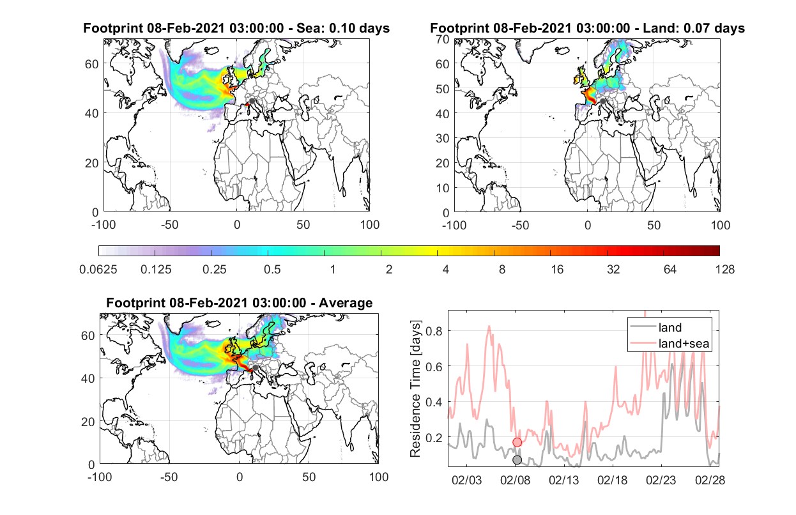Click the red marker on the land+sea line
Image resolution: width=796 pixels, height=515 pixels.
point(517,442)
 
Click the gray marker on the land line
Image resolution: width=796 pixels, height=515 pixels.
point(517,460)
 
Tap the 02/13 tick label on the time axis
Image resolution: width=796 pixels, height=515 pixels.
point(563,480)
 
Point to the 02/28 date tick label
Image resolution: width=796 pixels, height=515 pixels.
point(710,480)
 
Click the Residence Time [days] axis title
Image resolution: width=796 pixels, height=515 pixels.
point(415,389)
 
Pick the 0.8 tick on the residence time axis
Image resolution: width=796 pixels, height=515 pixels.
point(434,331)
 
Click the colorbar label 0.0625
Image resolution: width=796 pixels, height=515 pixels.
point(98,270)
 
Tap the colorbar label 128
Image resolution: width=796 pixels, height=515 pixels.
point(724,270)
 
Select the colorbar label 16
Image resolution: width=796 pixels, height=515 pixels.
point(557,270)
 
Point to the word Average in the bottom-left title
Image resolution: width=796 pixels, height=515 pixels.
point(346,303)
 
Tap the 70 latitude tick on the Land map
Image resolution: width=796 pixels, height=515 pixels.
point(443,39)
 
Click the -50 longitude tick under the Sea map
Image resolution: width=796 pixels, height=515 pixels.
point(169,225)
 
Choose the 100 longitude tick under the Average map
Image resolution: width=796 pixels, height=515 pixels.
point(379,477)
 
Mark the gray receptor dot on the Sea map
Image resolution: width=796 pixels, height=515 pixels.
point(252,101)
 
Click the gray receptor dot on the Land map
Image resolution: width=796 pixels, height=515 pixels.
point(602,102)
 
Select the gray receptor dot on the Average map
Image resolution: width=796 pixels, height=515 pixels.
point(255,367)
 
